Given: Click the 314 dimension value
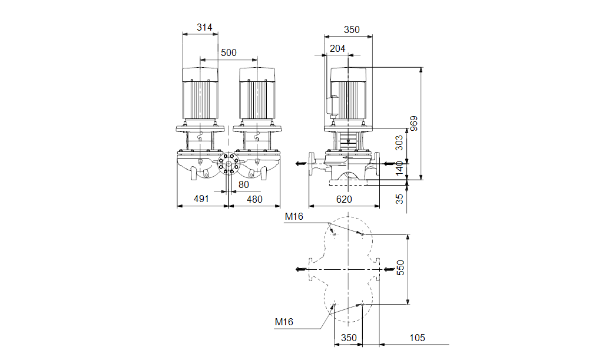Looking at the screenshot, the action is point(204,27).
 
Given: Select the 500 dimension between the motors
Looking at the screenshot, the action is point(229,53).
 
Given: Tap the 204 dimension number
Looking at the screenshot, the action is point(337,48).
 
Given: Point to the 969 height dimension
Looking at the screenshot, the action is point(414,124).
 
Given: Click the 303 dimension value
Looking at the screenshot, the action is point(399,143).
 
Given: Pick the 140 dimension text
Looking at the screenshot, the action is point(399,169).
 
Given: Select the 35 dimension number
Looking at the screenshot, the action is point(399,199).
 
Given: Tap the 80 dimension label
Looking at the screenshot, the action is point(243,185).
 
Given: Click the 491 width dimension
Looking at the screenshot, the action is point(201,199).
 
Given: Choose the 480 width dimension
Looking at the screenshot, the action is point(254,199).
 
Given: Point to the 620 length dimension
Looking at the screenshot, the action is point(344,199).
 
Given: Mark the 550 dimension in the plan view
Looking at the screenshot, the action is point(400,268).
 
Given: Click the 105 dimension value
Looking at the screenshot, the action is point(417,338).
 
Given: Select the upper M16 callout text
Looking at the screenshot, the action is point(294,217).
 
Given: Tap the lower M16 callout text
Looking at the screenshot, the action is point(284,322).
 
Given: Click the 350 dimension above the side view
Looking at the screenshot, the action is point(352,30).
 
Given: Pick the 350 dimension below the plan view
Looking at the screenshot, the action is point(349,338).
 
